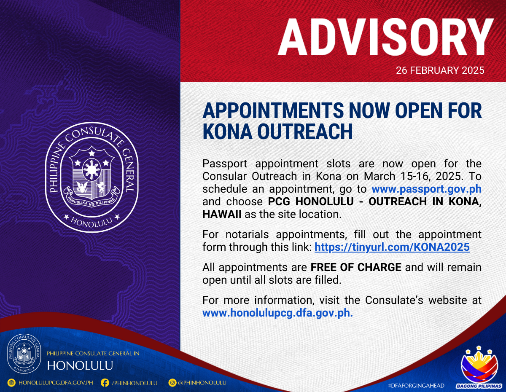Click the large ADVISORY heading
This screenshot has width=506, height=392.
[386, 37]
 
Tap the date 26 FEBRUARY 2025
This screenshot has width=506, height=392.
[440, 70]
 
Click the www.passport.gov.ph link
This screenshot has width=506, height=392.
[426, 189]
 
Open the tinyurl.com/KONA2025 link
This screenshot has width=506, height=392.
[392, 247]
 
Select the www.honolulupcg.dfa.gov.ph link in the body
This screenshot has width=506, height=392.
[277, 313]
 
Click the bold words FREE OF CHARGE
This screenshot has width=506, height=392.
[356, 267]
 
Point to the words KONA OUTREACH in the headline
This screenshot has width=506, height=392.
[277, 132]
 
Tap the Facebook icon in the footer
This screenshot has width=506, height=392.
[105, 383]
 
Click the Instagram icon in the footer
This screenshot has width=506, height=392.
[172, 383]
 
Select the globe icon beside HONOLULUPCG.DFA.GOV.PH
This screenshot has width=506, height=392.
[11, 383]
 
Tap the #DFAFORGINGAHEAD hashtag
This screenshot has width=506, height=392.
[416, 386]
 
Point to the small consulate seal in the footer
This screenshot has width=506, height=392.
[24, 354]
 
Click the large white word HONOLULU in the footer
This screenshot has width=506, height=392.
[80, 366]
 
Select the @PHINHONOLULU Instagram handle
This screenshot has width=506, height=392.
[202, 383]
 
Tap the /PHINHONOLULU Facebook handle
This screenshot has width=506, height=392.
[135, 383]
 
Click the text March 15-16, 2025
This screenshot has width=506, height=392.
[412, 177]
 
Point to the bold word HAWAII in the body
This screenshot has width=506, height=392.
[222, 214]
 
